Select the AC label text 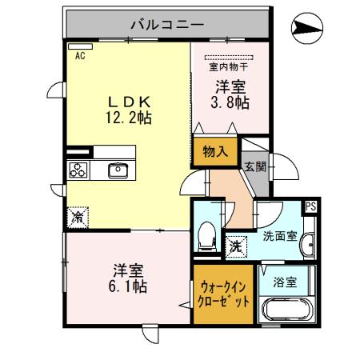tap(80, 55)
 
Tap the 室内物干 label tap(228, 67)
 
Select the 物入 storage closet tap(214, 150)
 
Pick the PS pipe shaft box tap(310, 207)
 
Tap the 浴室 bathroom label tap(285, 282)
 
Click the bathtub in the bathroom tap(285, 310)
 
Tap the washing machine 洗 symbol tap(236, 247)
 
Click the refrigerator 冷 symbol tap(78, 216)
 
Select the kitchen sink tap(118, 170)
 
